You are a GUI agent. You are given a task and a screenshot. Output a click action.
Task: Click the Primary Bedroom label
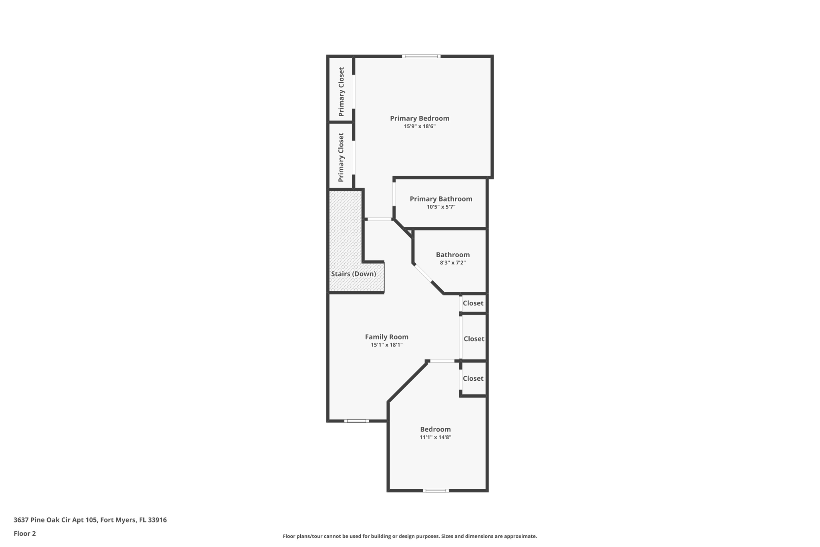pyautogui.click(x=419, y=118)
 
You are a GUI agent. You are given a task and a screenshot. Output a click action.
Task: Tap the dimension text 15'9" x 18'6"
pyautogui.click(x=419, y=126)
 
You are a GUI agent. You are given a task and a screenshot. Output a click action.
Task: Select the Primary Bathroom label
pyautogui.click(x=441, y=199)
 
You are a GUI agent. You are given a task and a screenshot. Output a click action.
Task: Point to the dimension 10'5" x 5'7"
pyautogui.click(x=441, y=207)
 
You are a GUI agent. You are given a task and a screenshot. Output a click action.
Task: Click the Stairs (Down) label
pyautogui.click(x=353, y=274)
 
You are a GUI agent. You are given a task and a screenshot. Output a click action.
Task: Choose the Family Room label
pyautogui.click(x=386, y=337)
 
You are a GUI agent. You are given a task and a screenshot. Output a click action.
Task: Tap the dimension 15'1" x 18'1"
pyautogui.click(x=386, y=345)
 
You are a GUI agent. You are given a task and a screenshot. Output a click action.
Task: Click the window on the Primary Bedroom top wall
pyautogui.click(x=421, y=57)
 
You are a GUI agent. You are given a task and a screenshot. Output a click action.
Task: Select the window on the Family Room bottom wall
pyautogui.click(x=356, y=421)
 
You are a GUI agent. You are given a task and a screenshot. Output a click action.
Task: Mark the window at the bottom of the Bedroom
pyautogui.click(x=436, y=490)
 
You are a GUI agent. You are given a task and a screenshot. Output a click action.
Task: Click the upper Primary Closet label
pyautogui.click(x=341, y=92)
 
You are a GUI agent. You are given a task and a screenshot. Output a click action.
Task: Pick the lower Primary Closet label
pyautogui.click(x=341, y=157)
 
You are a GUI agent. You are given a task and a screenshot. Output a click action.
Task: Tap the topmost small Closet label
pyautogui.click(x=473, y=303)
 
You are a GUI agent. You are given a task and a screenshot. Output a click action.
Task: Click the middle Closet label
pyautogui.click(x=474, y=339)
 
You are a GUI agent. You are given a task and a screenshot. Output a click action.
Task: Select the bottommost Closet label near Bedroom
pyautogui.click(x=473, y=379)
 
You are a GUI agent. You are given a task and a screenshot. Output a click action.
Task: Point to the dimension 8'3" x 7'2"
pyautogui.click(x=452, y=263)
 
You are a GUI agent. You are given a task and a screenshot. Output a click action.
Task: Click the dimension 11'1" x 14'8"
pyautogui.click(x=435, y=437)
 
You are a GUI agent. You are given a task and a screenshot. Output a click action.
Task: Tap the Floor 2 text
pyautogui.click(x=25, y=533)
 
